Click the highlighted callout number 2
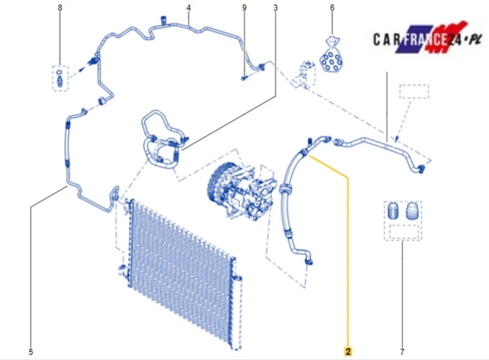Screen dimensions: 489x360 [x=348, y=352]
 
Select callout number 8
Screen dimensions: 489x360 [x=60, y=7]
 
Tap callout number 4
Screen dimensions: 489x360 [x=188, y=7]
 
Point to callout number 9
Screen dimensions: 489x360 [x=244, y=7]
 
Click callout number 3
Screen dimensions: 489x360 [x=275, y=7]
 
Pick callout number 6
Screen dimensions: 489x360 [x=332, y=7]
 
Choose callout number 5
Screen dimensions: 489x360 [x=31, y=352]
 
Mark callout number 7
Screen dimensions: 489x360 [x=402, y=352]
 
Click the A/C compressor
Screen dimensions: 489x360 [x=242, y=190]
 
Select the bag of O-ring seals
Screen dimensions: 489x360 [x=331, y=55]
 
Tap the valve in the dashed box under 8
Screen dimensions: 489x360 [x=59, y=78]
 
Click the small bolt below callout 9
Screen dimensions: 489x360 [x=244, y=78]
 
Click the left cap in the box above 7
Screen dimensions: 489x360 [x=393, y=211]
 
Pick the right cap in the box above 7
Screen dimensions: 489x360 [x=411, y=211]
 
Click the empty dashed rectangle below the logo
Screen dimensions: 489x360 [x=414, y=91]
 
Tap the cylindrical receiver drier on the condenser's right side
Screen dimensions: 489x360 [x=237, y=312]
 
